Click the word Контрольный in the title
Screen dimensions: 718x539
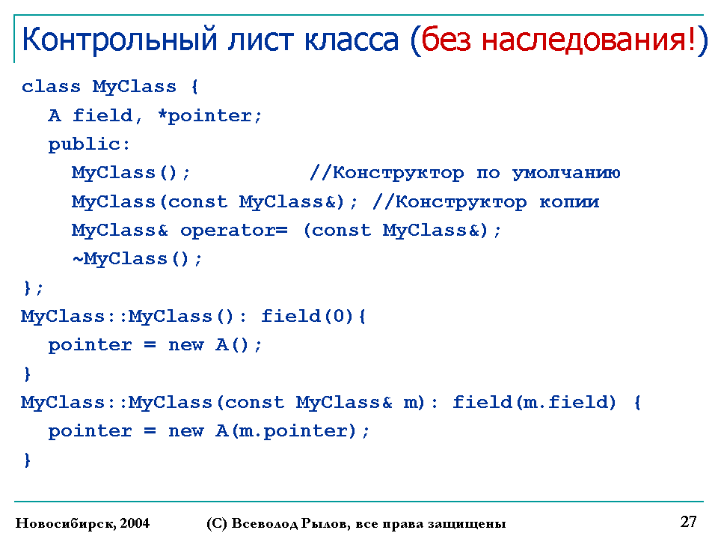[120, 40]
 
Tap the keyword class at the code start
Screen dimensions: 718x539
[51, 86]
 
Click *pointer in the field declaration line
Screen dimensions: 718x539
[209, 116]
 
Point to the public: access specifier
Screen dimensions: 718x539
[89, 144]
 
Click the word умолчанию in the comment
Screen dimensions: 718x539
[566, 173]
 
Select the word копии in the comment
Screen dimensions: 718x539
[569, 202]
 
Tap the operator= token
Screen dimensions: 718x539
[234, 231]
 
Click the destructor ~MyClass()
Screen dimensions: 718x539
[137, 260]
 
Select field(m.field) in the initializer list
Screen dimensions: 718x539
[534, 403]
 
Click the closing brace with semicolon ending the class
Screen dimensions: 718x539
[33, 287]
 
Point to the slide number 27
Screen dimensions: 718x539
[689, 522]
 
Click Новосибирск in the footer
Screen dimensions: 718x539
[66, 523]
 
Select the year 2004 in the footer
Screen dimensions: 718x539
[135, 523]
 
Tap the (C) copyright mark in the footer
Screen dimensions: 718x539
[217, 523]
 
